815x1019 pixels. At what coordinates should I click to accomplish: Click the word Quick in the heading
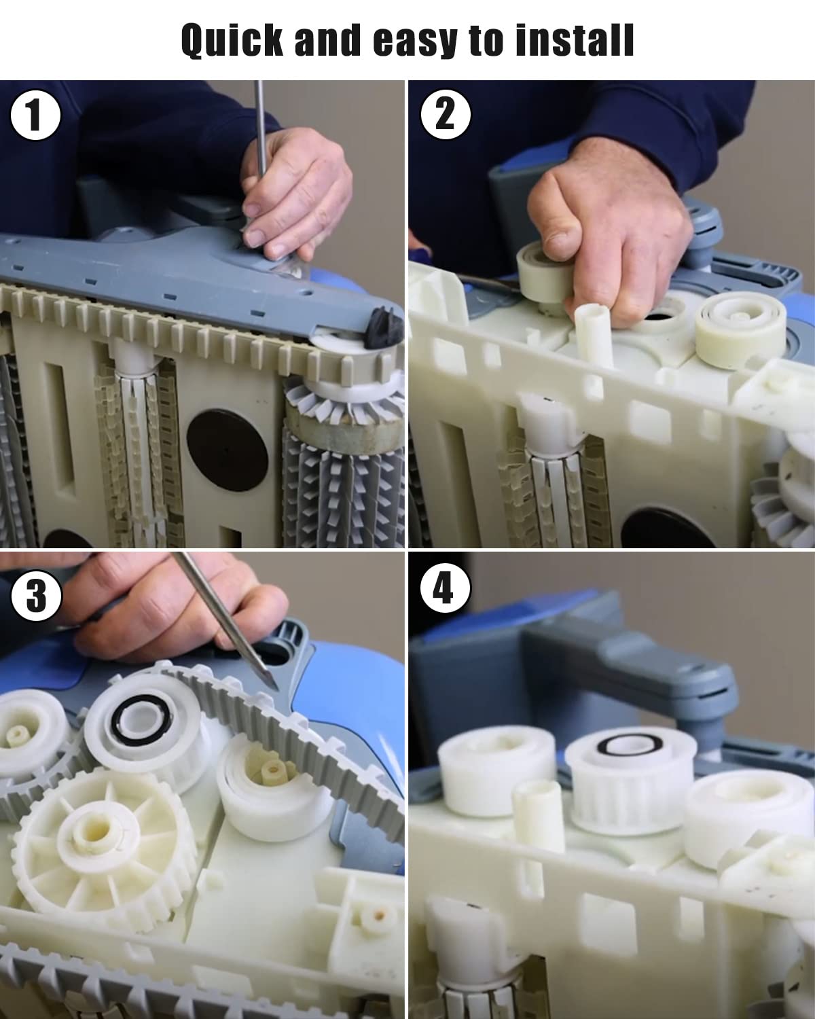tap(232, 41)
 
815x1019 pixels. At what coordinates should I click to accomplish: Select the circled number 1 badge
tap(35, 115)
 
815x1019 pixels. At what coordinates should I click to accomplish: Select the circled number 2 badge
tap(446, 114)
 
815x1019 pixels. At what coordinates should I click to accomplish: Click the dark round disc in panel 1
tap(228, 449)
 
